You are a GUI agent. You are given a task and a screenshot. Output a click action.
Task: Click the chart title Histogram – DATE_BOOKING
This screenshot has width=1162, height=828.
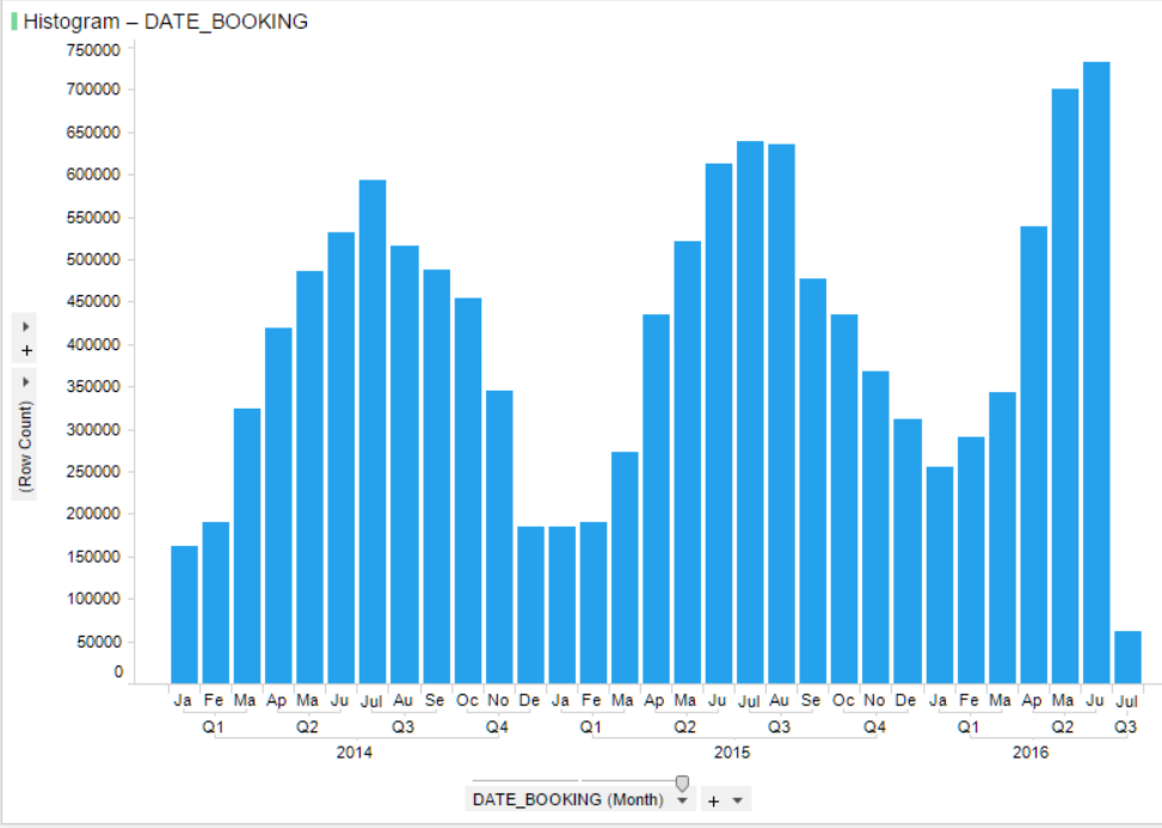pos(165,22)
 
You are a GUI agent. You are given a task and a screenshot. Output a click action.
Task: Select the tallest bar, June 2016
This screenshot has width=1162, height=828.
pos(1096,370)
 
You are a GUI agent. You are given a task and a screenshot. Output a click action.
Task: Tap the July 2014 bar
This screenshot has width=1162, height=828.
pos(372,430)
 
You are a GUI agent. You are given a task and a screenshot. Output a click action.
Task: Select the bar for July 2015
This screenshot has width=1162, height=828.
pos(750,412)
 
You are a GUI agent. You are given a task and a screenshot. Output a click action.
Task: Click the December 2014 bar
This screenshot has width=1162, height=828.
pos(530,603)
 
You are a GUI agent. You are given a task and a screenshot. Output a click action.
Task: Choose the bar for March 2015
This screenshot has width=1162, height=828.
pos(625,568)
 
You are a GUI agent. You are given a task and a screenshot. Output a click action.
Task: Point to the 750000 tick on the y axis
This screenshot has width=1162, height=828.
pos(93,50)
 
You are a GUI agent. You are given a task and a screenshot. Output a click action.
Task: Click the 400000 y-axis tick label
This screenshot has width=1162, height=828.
pos(93,345)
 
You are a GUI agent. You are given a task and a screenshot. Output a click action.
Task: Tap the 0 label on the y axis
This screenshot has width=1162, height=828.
pos(118,672)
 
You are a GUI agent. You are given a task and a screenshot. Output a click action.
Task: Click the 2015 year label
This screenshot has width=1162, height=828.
pos(731,752)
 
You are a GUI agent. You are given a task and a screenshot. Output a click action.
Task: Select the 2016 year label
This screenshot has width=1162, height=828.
pos(1030,752)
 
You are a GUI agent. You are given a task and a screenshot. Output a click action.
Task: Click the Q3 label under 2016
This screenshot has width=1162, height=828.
pos(1126,727)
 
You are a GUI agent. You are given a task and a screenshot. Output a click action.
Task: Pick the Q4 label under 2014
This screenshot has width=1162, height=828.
pos(497,727)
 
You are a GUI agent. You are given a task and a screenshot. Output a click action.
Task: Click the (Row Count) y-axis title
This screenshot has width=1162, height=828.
pos(25,446)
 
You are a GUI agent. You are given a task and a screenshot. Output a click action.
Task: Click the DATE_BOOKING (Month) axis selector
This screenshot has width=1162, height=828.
pos(568,799)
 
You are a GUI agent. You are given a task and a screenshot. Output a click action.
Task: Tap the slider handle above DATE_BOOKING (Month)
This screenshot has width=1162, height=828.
pos(682,783)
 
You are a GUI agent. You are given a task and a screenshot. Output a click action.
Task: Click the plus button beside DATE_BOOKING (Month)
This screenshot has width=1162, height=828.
pos(714,801)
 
